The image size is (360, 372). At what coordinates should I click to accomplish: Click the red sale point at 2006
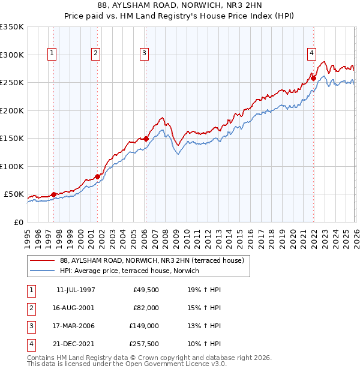[146, 139]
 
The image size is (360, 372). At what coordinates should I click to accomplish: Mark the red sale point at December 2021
[313, 77]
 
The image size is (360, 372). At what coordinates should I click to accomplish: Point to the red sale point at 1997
[54, 194]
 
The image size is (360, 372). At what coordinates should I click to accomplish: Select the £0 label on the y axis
[18, 222]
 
